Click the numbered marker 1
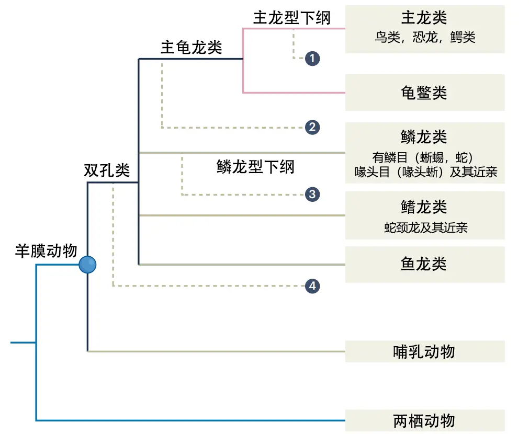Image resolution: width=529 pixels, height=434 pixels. pyautogui.click(x=312, y=58)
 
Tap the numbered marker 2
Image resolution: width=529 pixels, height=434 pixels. pyautogui.click(x=312, y=127)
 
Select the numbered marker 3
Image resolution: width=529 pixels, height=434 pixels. pyautogui.click(x=312, y=195)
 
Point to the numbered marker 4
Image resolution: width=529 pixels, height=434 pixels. pyautogui.click(x=312, y=286)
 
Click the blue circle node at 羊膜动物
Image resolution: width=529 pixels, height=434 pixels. pyautogui.click(x=87, y=265)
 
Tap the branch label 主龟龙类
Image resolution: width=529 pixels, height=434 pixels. pyautogui.click(x=191, y=48)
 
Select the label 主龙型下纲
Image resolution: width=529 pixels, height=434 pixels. pyautogui.click(x=292, y=18)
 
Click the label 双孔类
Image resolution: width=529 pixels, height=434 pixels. pyautogui.click(x=107, y=170)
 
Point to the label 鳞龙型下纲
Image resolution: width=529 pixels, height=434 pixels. pyautogui.click(x=255, y=167)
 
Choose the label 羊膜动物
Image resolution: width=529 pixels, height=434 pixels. pyautogui.click(x=46, y=252)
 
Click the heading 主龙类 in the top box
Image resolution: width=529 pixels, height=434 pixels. pyautogui.click(x=424, y=18)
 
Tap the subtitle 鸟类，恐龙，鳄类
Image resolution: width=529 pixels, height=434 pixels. pyautogui.click(x=424, y=38)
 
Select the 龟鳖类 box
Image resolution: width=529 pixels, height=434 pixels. pyautogui.click(x=424, y=93)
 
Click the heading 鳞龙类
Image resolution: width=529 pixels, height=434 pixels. pyautogui.click(x=424, y=137)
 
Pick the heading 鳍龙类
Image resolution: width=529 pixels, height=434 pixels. pyautogui.click(x=424, y=207)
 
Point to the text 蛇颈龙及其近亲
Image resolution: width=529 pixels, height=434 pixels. pyautogui.click(x=424, y=227)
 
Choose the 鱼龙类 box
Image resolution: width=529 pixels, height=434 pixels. pyautogui.click(x=424, y=264)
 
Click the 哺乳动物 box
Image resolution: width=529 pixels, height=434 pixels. pyautogui.click(x=424, y=351)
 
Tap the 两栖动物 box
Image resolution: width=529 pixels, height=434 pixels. pyautogui.click(x=424, y=420)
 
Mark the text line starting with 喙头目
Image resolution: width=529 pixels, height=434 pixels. pyautogui.click(x=425, y=172)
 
